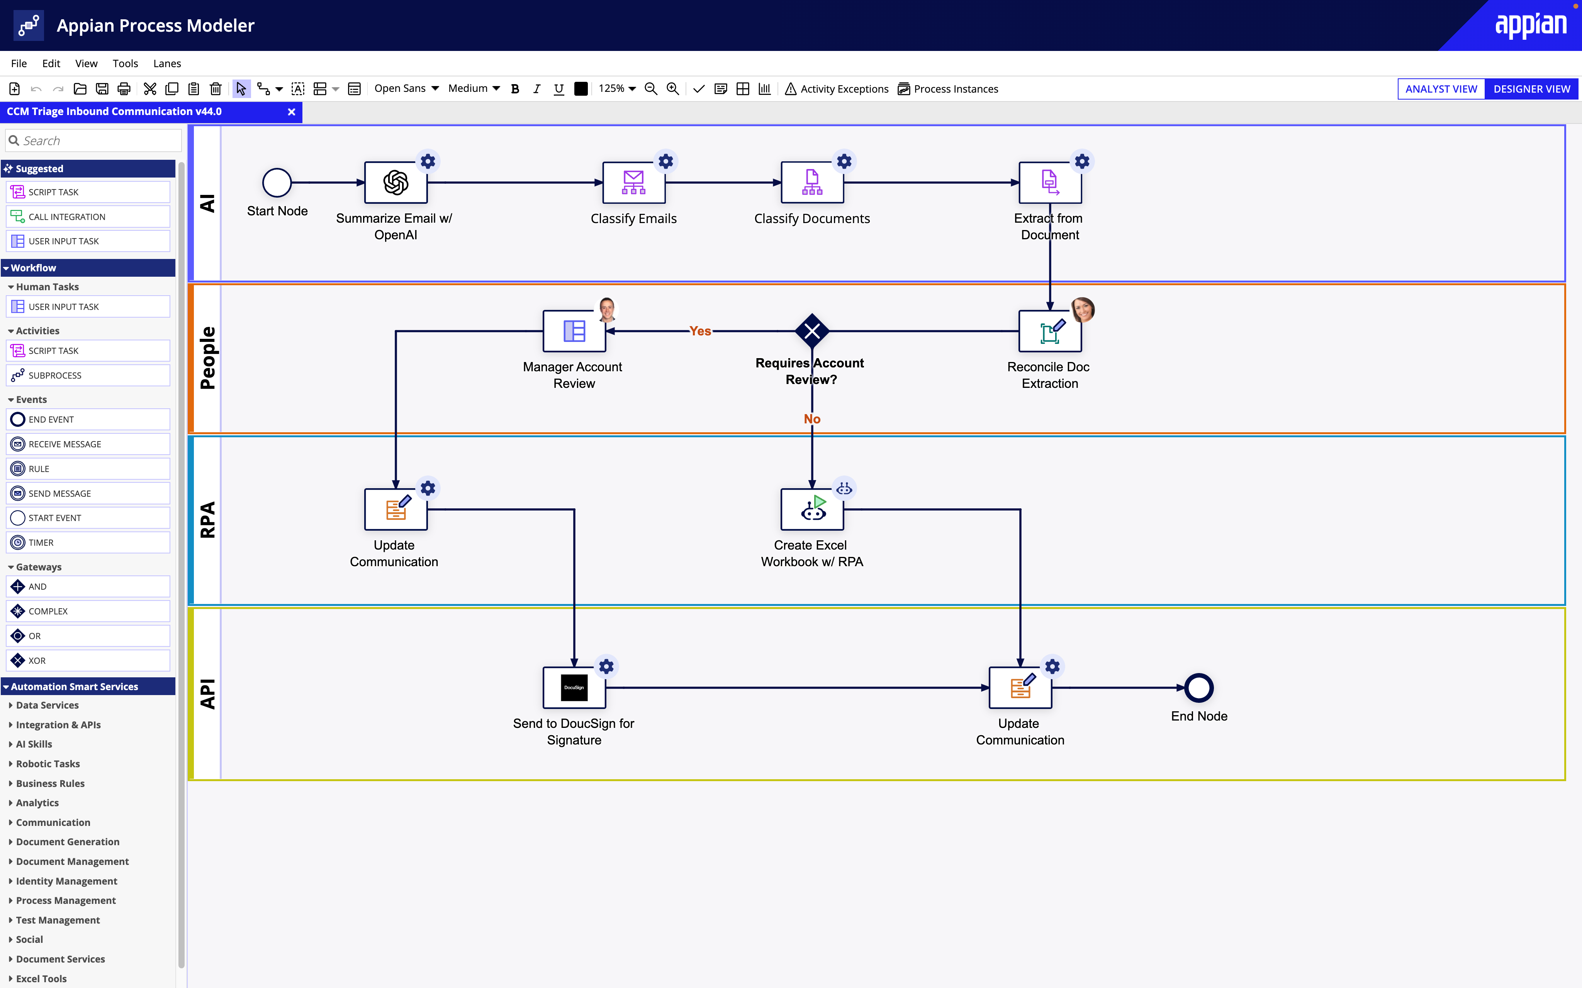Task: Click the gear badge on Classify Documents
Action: (x=844, y=161)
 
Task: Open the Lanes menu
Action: (x=167, y=63)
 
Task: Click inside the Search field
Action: (x=98, y=140)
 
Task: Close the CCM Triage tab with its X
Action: (x=292, y=112)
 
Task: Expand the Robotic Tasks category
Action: (x=48, y=763)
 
